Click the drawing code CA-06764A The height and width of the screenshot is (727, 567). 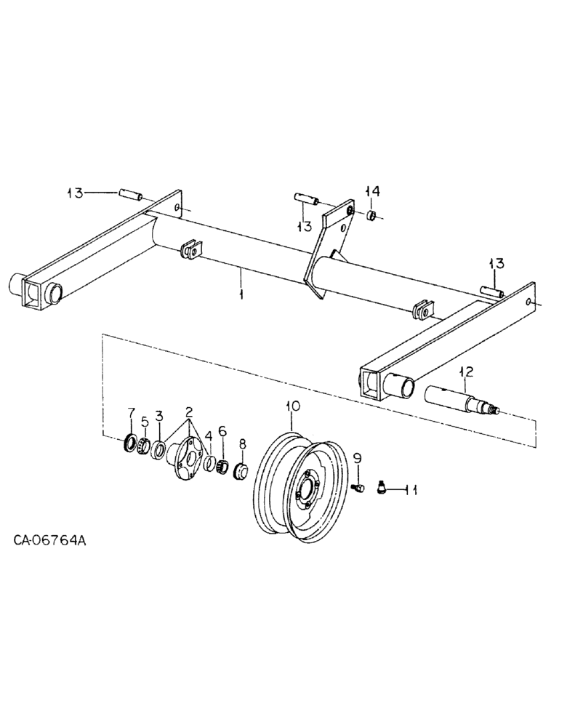click(x=50, y=541)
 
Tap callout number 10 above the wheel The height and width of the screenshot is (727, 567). click(x=292, y=407)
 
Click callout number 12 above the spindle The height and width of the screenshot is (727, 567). click(x=465, y=371)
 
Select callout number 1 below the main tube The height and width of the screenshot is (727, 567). click(x=241, y=296)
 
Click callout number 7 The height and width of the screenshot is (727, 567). click(x=131, y=414)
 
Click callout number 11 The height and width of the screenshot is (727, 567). click(x=411, y=491)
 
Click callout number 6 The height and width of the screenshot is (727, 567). click(x=223, y=431)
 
